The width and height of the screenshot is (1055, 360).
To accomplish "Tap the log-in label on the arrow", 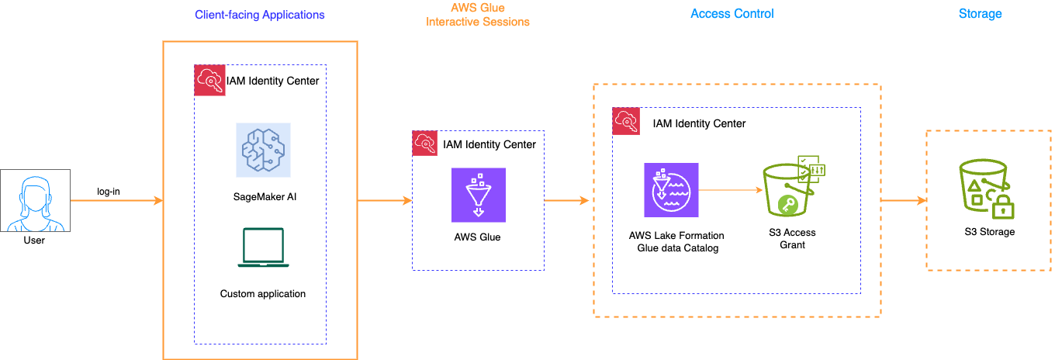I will click(x=108, y=191).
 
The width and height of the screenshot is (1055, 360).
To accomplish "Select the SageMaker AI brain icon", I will click(x=263, y=149).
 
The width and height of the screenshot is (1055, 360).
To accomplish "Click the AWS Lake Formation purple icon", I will click(x=671, y=189).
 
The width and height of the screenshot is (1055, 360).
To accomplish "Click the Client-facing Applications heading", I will click(x=259, y=15).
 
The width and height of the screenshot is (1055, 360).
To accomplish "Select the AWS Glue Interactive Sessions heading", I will click(x=477, y=15).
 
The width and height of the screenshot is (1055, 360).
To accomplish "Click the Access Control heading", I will click(x=732, y=13).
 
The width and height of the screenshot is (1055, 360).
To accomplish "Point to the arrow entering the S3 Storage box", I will click(x=905, y=201).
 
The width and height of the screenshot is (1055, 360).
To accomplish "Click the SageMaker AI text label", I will click(x=262, y=197).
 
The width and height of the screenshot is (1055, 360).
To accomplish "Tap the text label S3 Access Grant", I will click(x=793, y=239).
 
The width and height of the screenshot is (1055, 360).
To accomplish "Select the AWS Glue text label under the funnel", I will click(x=477, y=237).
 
